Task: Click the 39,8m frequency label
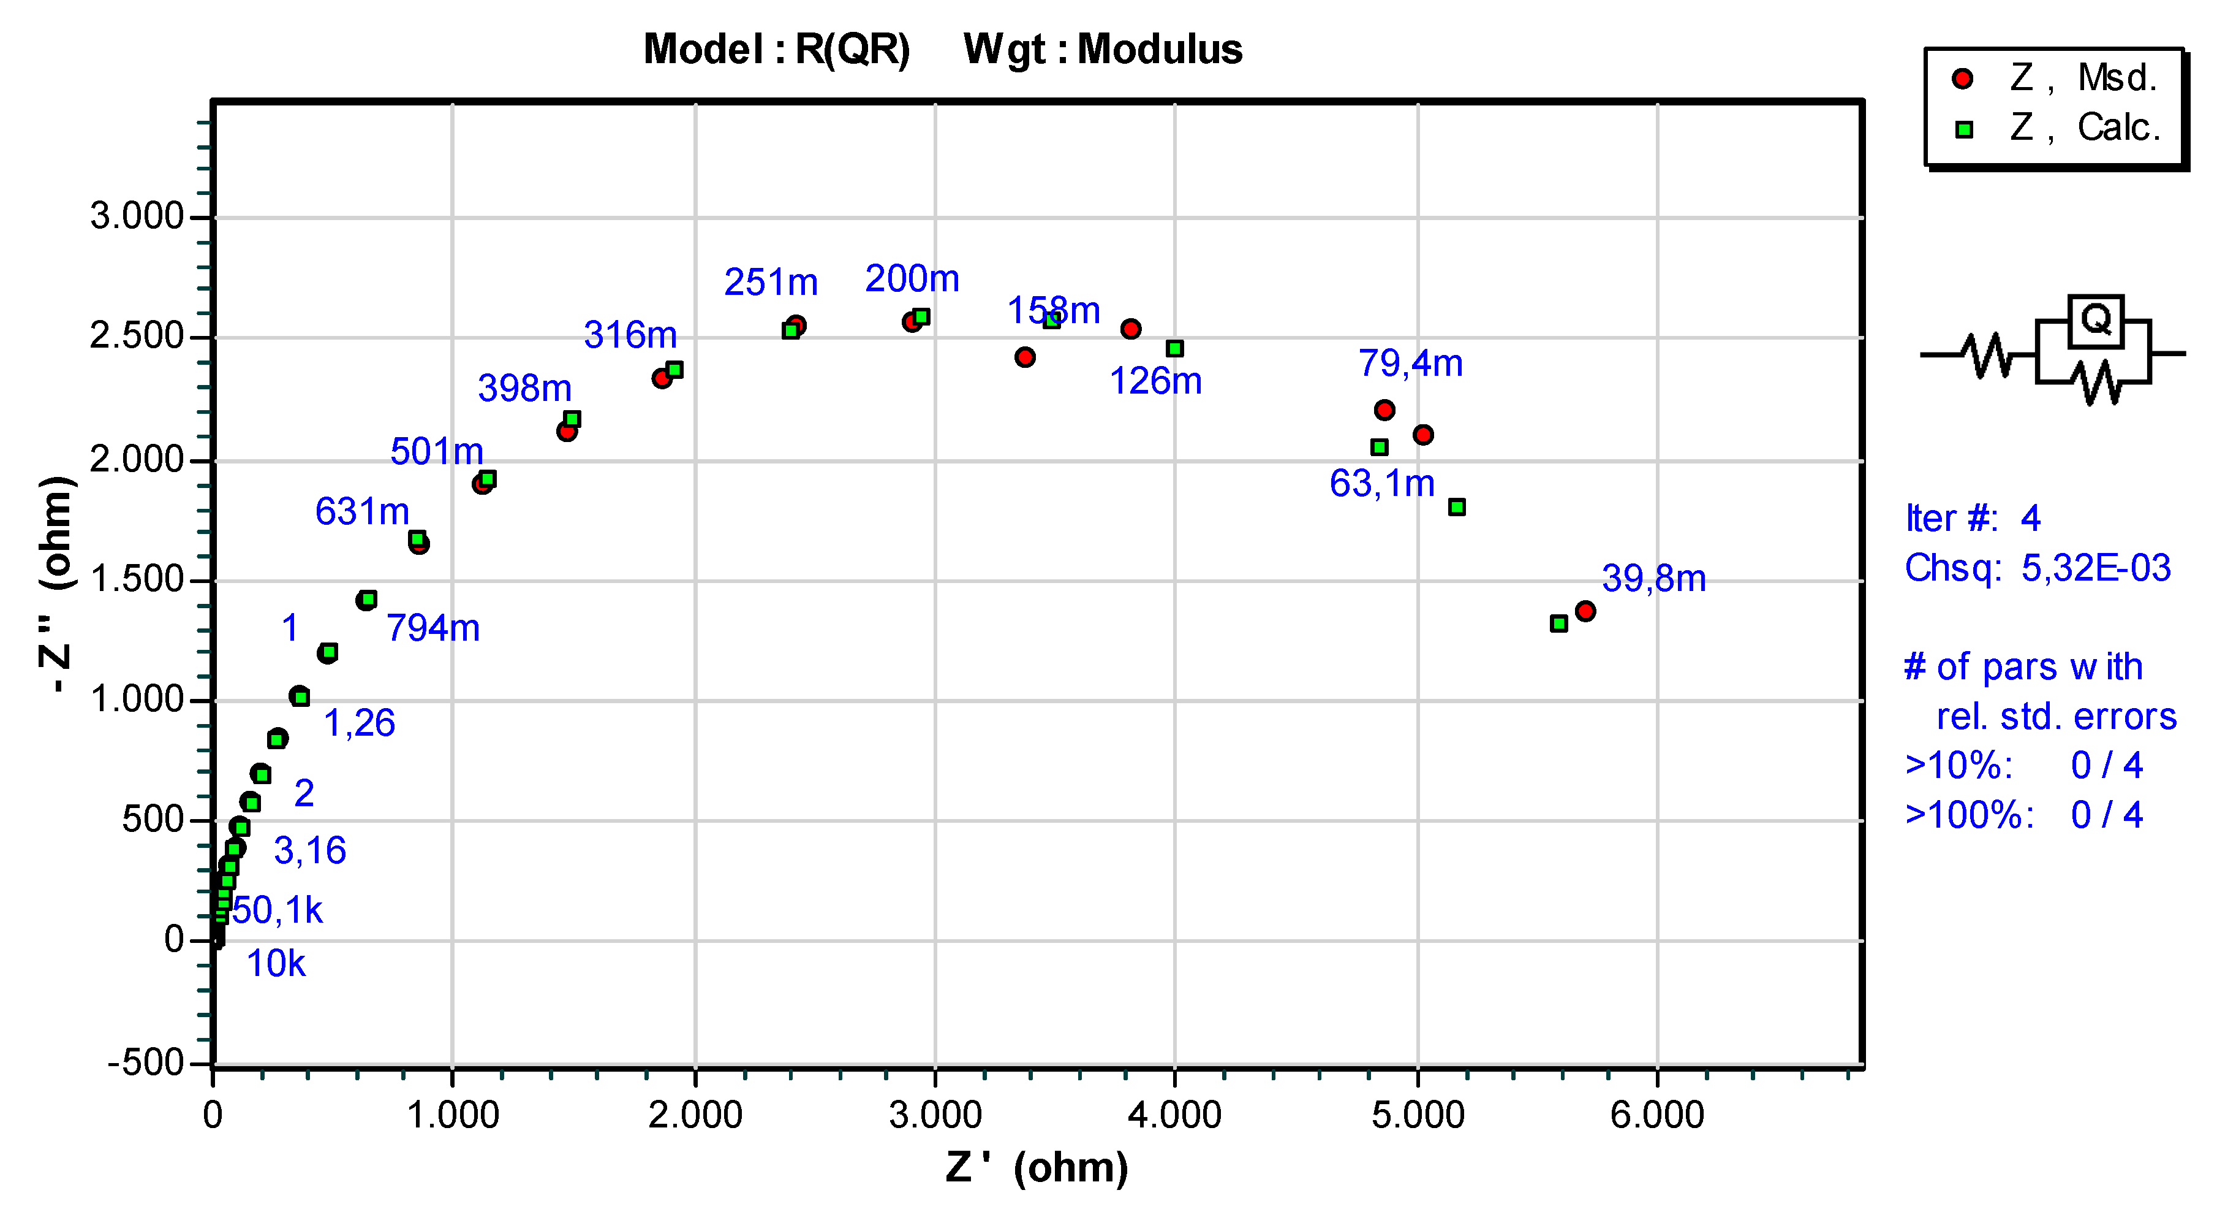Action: (1653, 579)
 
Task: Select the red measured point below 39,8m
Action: (1585, 611)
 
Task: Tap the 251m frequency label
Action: (771, 282)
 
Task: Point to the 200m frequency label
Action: (912, 279)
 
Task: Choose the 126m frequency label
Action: (1155, 381)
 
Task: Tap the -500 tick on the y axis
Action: (145, 1062)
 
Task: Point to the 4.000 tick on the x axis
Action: (1174, 1115)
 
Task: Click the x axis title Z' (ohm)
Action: (1037, 1168)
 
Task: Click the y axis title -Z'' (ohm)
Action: (56, 584)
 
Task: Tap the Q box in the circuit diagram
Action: (2095, 321)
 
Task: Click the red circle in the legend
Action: (1963, 79)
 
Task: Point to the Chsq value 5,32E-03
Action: (2095, 568)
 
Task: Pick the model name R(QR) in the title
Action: (852, 50)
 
